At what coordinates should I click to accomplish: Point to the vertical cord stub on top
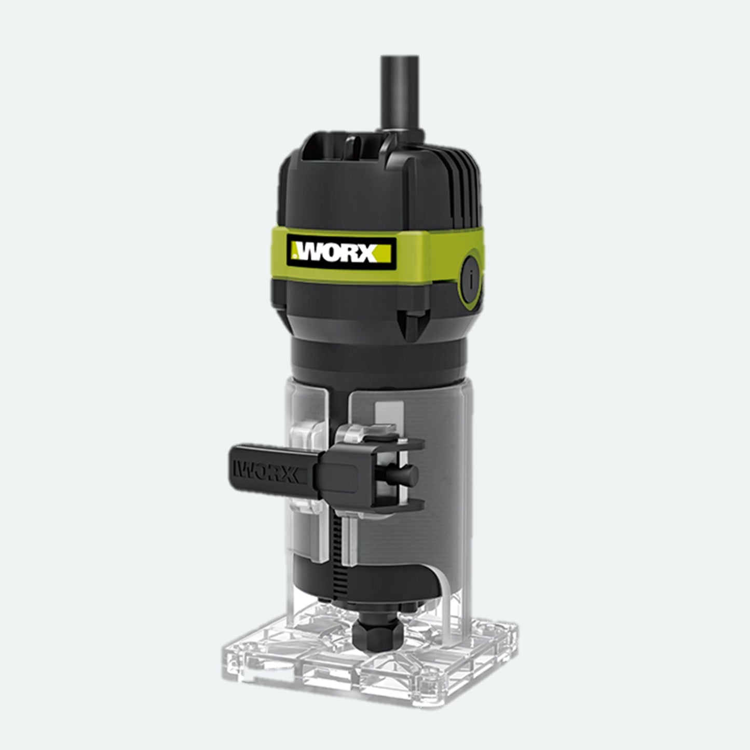tap(401, 97)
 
